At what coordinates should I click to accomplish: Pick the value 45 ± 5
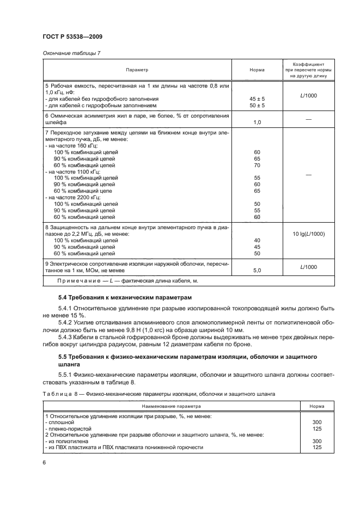tap(257, 99)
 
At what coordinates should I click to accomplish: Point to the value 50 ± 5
tap(257, 105)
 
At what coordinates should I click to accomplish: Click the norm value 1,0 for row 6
tap(257, 122)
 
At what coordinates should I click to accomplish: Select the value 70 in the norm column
tap(257, 165)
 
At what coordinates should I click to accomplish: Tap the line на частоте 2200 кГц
tap(71, 197)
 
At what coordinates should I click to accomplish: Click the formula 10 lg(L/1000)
tap(309, 234)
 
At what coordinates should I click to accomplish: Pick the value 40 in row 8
tap(257, 240)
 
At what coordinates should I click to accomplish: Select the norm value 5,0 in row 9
tap(257, 269)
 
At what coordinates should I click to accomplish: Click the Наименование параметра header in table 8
tap(172, 406)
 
